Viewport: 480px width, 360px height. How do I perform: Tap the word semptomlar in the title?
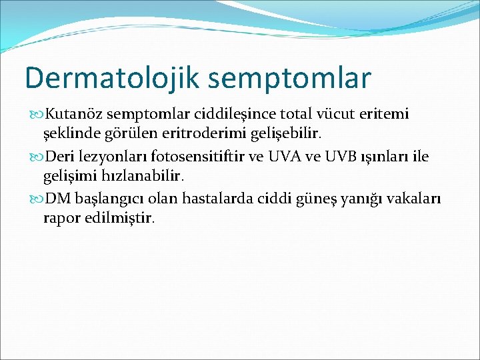289,79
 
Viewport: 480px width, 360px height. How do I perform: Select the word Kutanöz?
75,114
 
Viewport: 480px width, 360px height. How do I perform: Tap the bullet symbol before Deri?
37,157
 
